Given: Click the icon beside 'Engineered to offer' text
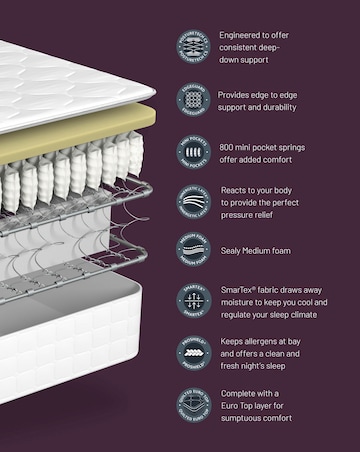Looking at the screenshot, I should (x=194, y=46).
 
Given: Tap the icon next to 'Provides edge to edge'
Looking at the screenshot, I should (x=194, y=101).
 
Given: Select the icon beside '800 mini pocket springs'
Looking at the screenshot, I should (x=194, y=150).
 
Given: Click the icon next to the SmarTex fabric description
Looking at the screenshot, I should (x=194, y=300).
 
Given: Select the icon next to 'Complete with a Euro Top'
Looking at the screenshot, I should (x=194, y=405).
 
